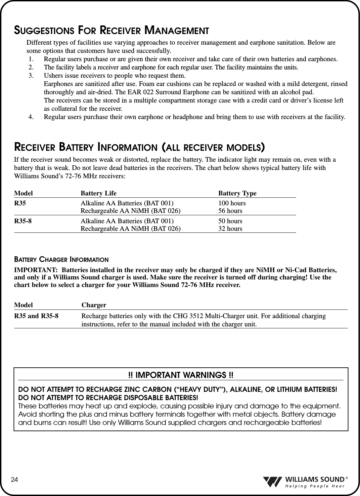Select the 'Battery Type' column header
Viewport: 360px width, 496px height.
(237, 193)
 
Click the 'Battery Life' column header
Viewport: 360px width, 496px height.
(99, 193)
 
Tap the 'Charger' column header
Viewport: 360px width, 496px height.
(94, 305)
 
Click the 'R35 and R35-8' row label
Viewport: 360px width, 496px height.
(36, 316)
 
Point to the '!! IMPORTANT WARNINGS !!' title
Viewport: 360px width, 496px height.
(181, 375)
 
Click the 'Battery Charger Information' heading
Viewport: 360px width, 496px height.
(61, 259)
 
